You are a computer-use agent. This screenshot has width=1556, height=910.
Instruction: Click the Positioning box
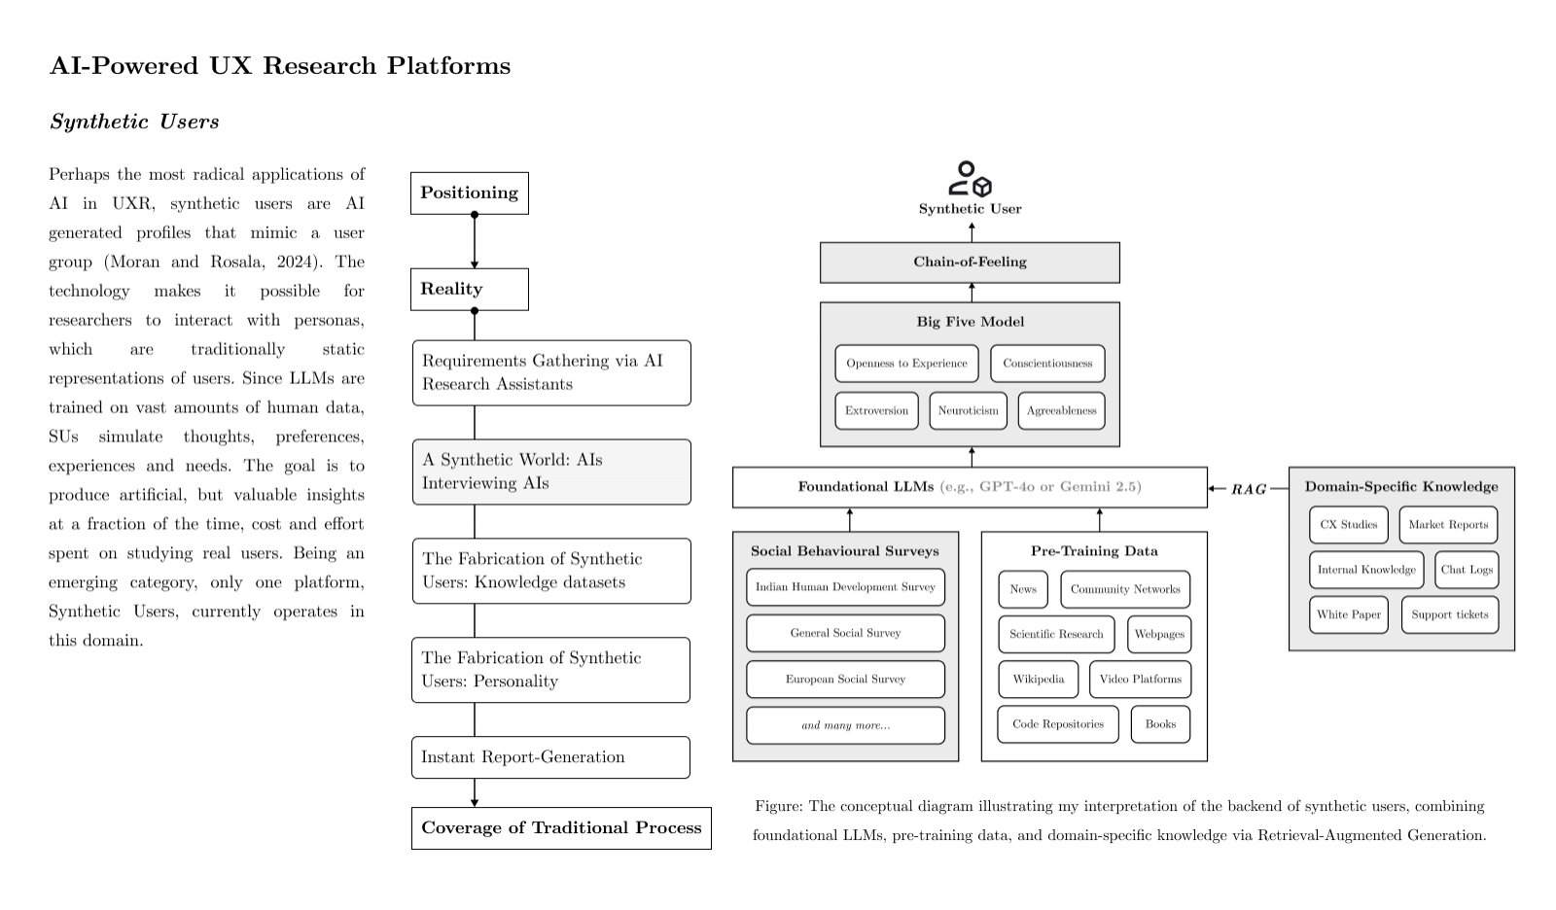(x=469, y=193)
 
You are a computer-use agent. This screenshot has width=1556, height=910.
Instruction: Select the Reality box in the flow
(x=469, y=289)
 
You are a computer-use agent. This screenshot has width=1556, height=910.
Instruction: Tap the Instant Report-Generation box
(x=550, y=757)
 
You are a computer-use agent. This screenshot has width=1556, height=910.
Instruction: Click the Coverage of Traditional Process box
(x=561, y=828)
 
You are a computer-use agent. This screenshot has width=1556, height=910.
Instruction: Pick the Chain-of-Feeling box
(x=970, y=262)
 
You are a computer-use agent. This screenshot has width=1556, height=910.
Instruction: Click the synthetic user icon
(x=970, y=179)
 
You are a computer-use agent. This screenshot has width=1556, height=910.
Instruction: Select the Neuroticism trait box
(x=968, y=410)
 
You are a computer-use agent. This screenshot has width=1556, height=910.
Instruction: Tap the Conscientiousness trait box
(x=1047, y=364)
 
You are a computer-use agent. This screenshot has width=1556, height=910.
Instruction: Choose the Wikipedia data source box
(x=1039, y=679)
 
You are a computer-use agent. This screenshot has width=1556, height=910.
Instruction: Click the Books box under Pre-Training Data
(x=1160, y=724)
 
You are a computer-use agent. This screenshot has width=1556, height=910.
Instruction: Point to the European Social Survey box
(x=845, y=679)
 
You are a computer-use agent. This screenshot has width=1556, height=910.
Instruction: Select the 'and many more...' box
(x=845, y=725)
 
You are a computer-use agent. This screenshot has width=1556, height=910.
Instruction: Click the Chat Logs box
(x=1467, y=570)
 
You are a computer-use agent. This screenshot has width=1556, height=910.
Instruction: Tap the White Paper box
(x=1348, y=614)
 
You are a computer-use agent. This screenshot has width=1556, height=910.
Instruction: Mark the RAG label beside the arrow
(x=1249, y=489)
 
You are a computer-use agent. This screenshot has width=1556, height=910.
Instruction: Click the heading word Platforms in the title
(x=448, y=66)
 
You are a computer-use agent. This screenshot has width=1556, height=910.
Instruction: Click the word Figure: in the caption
(x=779, y=806)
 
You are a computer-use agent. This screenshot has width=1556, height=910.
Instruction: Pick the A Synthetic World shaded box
(x=551, y=472)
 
